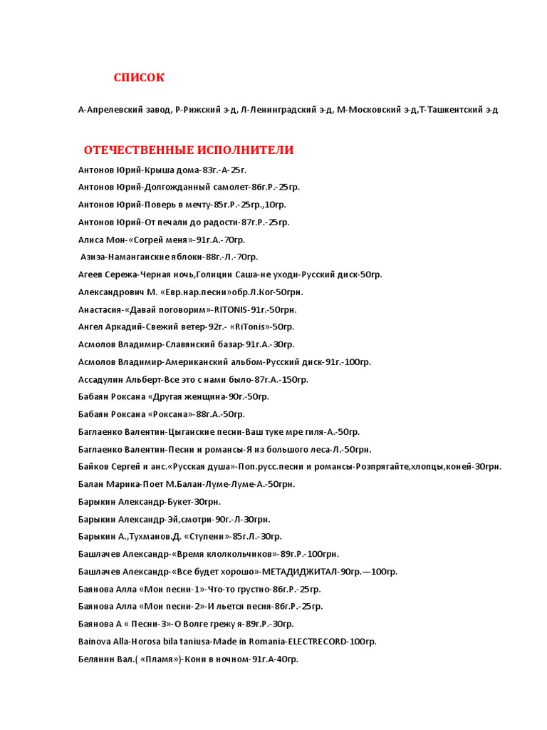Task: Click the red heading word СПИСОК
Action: [139, 78]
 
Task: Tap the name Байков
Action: [93, 466]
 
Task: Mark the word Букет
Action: [179, 501]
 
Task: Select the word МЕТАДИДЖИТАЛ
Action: [300, 571]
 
